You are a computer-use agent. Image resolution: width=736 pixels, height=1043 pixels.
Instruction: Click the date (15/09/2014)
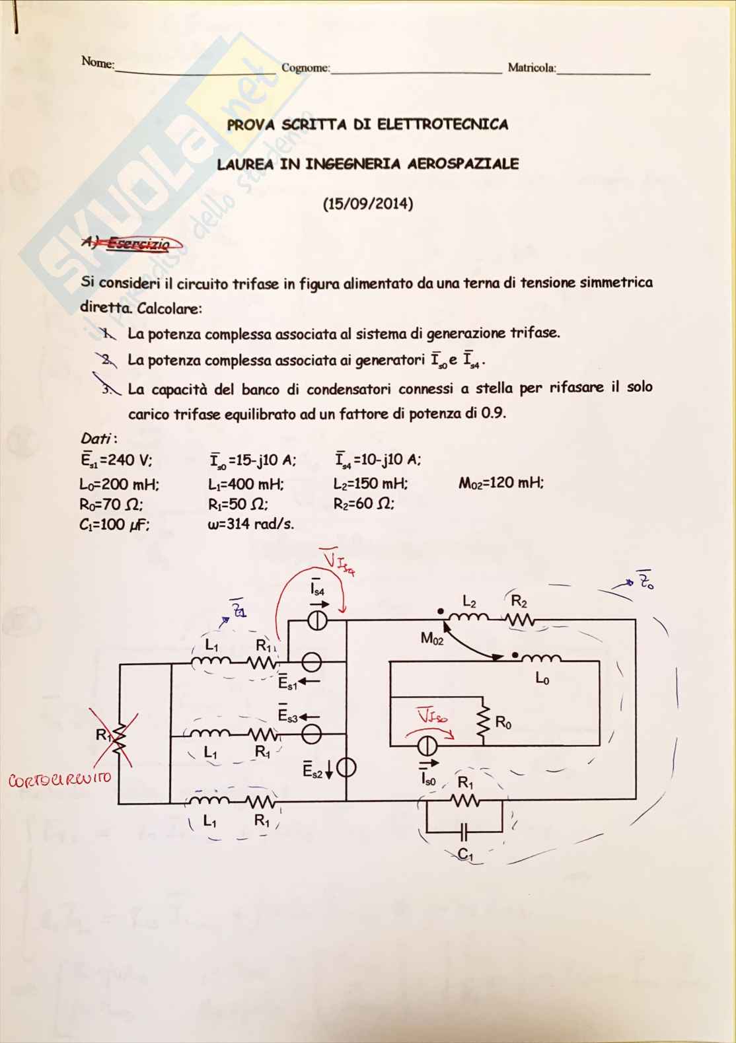click(368, 203)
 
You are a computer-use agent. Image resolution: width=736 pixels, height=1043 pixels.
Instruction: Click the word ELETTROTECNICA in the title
click(442, 124)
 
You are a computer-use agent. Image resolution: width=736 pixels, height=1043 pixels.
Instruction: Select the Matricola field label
click(531, 67)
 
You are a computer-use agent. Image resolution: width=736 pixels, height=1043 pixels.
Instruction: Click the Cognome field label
click(305, 67)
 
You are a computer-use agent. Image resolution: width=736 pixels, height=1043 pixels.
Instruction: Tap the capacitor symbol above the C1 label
click(465, 828)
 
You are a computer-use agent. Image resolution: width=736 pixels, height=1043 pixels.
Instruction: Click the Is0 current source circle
click(428, 746)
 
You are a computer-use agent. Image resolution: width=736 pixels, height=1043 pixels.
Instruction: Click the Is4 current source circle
click(317, 620)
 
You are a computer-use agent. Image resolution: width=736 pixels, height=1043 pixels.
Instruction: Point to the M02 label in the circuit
click(432, 639)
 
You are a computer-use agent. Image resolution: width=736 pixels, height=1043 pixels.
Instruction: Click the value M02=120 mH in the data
click(501, 483)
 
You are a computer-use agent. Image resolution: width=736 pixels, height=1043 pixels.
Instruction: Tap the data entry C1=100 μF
click(118, 524)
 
